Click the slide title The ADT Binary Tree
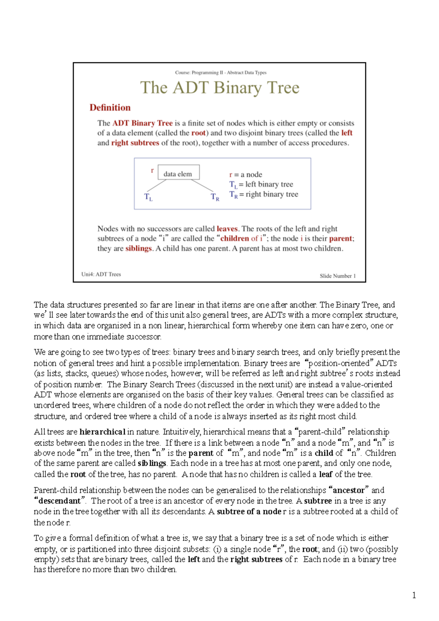[x=219, y=88]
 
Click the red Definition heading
[x=110, y=108]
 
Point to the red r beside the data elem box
[x=152, y=170]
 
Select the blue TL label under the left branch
[x=148, y=197]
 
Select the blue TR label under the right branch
[x=215, y=197]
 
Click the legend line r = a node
[x=245, y=174]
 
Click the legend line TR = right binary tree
[x=263, y=194]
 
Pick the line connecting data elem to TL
[x=157, y=185]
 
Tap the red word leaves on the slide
[x=227, y=229]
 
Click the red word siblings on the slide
[x=138, y=249]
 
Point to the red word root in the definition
[x=198, y=133]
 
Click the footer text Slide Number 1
[x=337, y=276]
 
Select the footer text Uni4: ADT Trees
[x=101, y=274]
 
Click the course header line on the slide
[x=221, y=72]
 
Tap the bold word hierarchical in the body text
[x=102, y=432]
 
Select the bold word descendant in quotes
[x=59, y=501]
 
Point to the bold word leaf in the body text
[x=326, y=474]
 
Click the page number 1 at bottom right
[x=414, y=595]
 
